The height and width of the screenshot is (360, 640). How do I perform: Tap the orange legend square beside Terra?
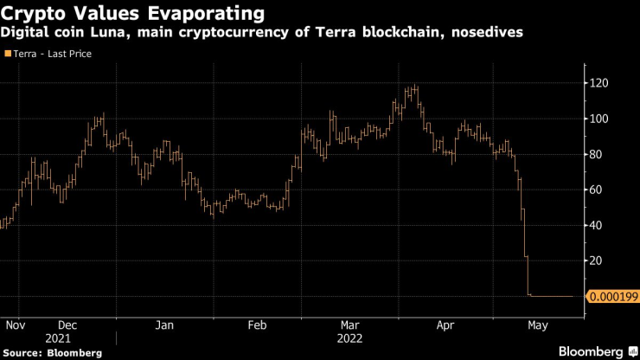pos(8,54)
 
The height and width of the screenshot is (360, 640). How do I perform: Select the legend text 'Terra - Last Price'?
pos(52,54)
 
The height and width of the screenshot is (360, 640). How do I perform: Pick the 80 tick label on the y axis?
pos(598,154)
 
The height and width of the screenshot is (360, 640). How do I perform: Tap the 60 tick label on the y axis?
pos(598,190)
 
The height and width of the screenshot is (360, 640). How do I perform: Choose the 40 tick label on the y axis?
pos(598,225)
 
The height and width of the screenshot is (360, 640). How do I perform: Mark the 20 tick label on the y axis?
pos(598,260)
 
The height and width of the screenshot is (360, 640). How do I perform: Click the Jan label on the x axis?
pos(164,325)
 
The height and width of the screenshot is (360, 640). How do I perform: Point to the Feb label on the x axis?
pos(256,325)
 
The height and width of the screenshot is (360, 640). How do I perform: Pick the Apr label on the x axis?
pos(445,325)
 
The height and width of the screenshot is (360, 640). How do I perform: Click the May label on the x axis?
pos(538,325)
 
